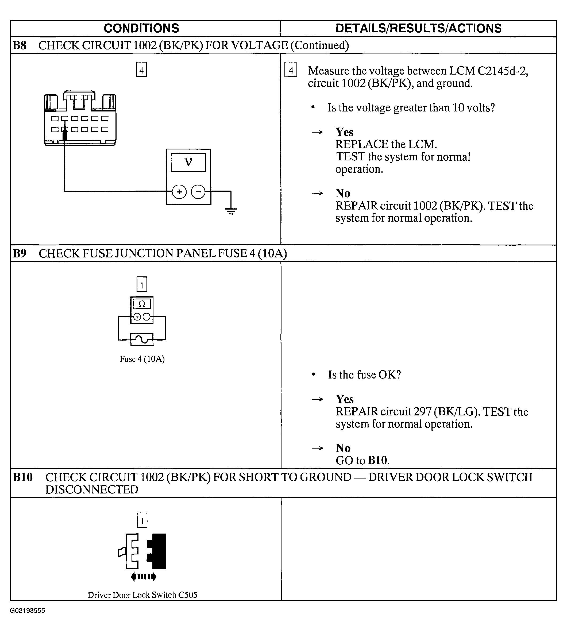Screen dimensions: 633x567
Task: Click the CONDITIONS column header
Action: [141, 28]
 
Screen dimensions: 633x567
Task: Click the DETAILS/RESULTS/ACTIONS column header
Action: [418, 28]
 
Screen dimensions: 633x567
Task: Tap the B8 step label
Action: [19, 45]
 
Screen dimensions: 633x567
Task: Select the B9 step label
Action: [19, 253]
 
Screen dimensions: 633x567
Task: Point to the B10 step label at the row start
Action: [23, 477]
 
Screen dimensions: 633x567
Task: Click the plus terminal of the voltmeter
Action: [179, 192]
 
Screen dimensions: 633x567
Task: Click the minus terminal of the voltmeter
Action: [198, 192]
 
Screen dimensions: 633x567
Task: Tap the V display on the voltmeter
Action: [188, 162]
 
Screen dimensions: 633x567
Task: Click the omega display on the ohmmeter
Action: [142, 304]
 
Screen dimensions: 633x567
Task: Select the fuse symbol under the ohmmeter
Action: [142, 339]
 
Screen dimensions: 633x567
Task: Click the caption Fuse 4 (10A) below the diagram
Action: [142, 359]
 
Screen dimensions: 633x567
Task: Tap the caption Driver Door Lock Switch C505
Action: [142, 595]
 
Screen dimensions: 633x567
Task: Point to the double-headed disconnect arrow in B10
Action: [143, 577]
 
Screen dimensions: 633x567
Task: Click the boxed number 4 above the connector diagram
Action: [141, 70]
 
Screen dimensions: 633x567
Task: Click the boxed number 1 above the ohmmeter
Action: [142, 284]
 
